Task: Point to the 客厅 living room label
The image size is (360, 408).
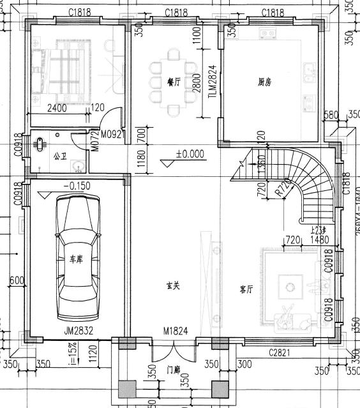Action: (246, 289)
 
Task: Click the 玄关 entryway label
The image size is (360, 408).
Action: (172, 285)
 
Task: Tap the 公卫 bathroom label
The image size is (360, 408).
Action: (60, 156)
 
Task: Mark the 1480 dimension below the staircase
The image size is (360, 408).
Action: (317, 239)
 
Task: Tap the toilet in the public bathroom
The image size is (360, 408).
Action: (42, 143)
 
